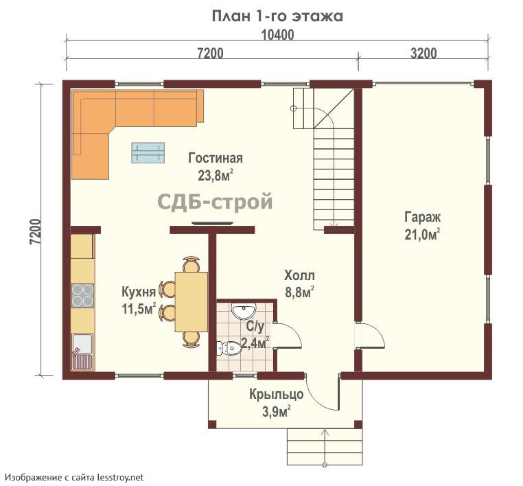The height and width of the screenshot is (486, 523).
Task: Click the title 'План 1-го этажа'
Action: coord(277,16)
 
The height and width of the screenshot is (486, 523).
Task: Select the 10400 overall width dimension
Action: coord(277,35)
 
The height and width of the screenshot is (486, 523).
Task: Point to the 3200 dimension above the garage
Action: coord(423,54)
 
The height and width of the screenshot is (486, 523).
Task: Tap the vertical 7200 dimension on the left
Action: coord(36,231)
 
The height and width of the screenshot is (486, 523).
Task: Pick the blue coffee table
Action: coord(148,153)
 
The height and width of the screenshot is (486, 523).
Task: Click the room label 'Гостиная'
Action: coord(215,158)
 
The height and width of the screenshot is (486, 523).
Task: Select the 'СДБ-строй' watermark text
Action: coord(215,201)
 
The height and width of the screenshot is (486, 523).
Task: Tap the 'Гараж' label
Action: coord(422,217)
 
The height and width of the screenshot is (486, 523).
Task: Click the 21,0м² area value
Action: coord(422,234)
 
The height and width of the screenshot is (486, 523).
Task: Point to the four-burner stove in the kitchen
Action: coord(82,296)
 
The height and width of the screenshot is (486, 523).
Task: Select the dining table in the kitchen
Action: coord(191,302)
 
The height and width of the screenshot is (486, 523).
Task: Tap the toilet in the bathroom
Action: coord(229,349)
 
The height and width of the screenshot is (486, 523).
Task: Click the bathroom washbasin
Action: coord(244,311)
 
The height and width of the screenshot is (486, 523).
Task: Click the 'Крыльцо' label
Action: coord(277,395)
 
